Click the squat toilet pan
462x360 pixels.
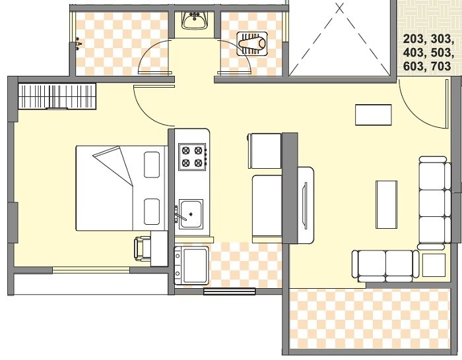coord(252,45)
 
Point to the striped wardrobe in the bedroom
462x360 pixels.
coord(57,97)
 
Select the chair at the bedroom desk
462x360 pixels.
coord(141,249)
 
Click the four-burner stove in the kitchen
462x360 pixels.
coord(192,156)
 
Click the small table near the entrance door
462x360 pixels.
coord(374,115)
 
